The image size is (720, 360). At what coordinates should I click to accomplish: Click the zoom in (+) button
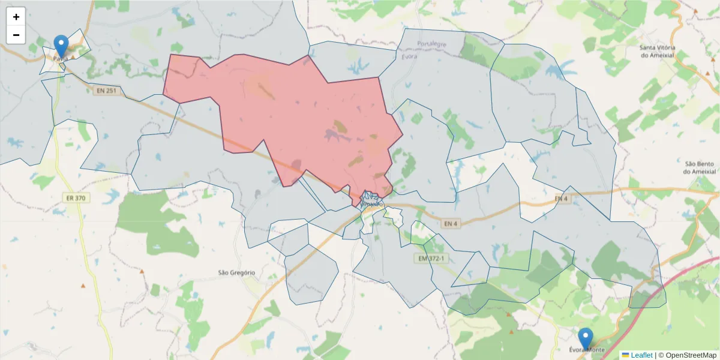point(16,17)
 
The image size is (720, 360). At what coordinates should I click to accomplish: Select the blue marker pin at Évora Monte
point(586,338)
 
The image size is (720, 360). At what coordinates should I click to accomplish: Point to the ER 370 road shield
point(76,197)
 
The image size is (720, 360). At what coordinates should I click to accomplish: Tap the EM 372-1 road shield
point(431,259)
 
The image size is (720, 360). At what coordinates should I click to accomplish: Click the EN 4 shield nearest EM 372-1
point(451,224)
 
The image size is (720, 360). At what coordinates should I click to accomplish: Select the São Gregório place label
point(236,272)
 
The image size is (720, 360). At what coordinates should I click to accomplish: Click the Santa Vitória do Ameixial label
point(657,51)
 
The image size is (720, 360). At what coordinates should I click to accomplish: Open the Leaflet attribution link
point(641,355)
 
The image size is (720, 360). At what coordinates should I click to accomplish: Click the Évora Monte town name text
point(586,350)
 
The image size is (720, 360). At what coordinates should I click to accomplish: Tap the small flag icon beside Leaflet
point(625,355)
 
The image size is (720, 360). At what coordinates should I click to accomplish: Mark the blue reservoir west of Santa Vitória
point(555,71)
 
